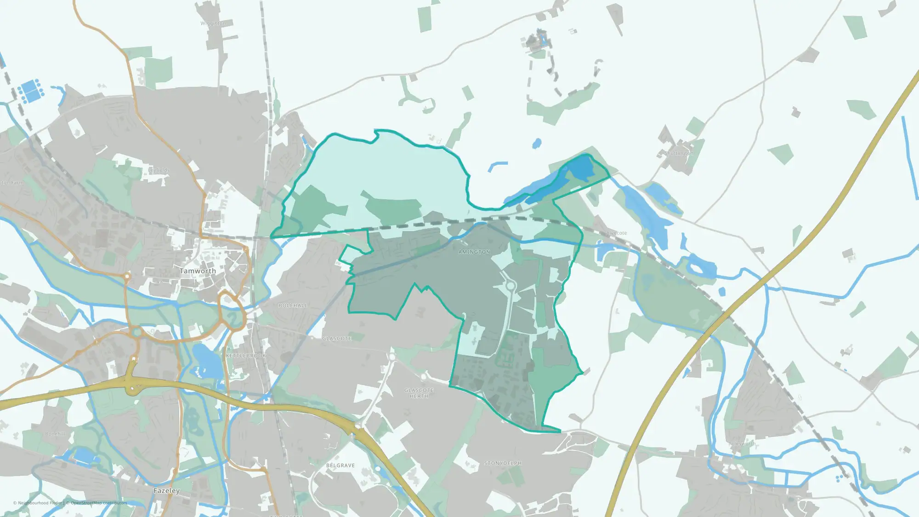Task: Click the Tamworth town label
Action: coord(198,271)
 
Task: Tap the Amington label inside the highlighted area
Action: coord(474,252)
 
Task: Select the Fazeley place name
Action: coord(166,491)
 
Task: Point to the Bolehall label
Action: coord(293,306)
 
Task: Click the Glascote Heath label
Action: coord(419,393)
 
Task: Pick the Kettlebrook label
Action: coord(246,356)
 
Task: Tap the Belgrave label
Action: coord(340,466)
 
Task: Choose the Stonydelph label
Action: coord(503,463)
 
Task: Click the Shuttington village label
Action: coord(679,153)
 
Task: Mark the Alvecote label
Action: coord(616,233)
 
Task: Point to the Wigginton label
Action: coord(213,23)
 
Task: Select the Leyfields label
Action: coord(159,170)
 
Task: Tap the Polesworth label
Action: coord(742,443)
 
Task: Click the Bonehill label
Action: coord(55,434)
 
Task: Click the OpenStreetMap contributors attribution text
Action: coord(98,503)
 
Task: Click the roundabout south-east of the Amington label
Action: coord(510,286)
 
